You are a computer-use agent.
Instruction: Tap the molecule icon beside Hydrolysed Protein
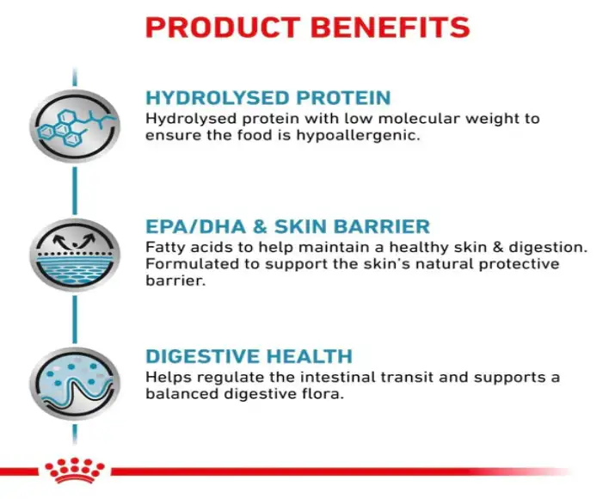(74, 126)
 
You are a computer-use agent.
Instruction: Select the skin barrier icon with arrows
(74, 255)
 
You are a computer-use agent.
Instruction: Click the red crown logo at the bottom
(75, 471)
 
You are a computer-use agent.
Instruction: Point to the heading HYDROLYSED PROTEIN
(268, 98)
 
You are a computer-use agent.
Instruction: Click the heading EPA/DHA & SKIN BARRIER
(287, 227)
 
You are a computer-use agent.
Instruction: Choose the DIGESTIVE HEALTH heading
(249, 356)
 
